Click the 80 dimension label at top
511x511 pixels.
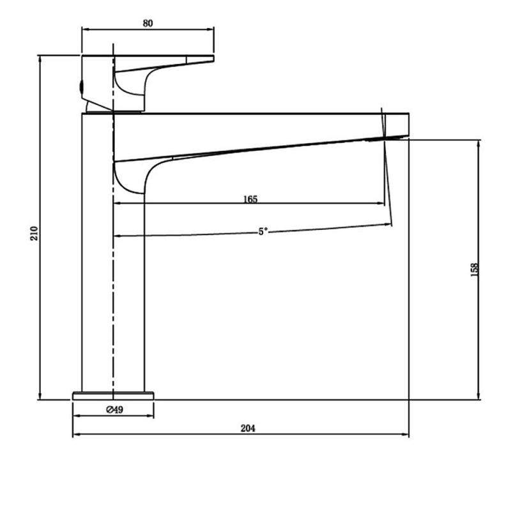[148, 24]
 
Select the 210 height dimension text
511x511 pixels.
[34, 233]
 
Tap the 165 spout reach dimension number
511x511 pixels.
[250, 199]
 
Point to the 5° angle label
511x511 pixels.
[263, 231]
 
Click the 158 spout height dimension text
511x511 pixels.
[475, 270]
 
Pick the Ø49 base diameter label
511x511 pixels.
[115, 409]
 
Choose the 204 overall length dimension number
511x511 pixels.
[248, 428]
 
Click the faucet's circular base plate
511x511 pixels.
[113, 395]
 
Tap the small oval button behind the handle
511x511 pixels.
[82, 87]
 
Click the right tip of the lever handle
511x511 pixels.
[213, 58]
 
